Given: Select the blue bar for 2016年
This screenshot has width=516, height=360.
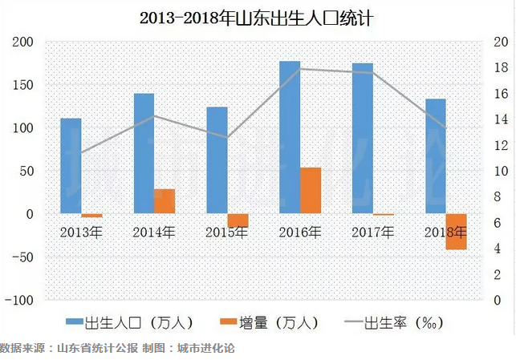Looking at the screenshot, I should coord(289,136).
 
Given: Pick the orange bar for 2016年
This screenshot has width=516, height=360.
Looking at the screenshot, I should coord(311,191).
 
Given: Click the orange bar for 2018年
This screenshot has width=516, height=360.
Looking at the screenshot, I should coord(457,232).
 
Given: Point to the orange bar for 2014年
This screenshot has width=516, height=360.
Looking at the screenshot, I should coord(165,201).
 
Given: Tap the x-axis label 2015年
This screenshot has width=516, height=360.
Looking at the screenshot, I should coord(226,233).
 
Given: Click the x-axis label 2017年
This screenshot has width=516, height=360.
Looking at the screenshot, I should coord(373,233).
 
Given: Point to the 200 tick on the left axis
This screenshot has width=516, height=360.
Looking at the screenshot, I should coord(24,42).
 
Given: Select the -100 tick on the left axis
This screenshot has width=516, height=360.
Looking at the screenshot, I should coord(21,301).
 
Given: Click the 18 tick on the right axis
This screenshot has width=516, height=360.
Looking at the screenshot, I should coord(498,68).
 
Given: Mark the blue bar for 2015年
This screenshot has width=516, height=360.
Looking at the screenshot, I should coord(217,160).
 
